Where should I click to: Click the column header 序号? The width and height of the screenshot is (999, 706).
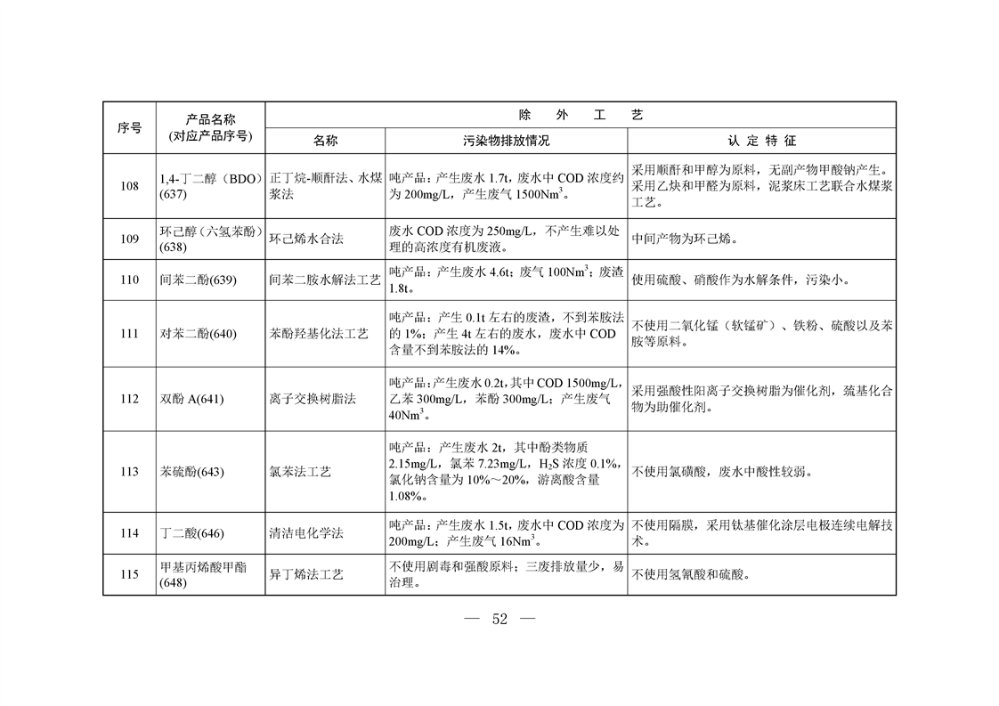(129, 127)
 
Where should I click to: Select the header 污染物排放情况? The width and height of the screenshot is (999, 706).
(506, 141)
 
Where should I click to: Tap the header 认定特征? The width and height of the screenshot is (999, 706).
(761, 141)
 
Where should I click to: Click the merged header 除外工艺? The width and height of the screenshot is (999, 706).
(580, 115)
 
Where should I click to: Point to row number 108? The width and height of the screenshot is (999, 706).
(129, 186)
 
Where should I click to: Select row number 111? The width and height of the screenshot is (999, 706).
(129, 333)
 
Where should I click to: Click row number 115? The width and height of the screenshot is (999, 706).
(129, 574)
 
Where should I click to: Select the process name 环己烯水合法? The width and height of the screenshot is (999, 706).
(306, 239)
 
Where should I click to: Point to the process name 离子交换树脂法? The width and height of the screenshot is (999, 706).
(313, 399)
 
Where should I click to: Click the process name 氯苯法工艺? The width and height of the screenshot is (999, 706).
(300, 471)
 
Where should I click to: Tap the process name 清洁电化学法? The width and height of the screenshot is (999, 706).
(306, 533)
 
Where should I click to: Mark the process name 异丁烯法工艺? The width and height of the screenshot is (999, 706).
(306, 574)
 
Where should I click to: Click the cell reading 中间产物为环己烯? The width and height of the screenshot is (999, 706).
(684, 239)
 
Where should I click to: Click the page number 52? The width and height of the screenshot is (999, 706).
(499, 620)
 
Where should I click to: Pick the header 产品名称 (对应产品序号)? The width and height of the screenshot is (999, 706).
(210, 127)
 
